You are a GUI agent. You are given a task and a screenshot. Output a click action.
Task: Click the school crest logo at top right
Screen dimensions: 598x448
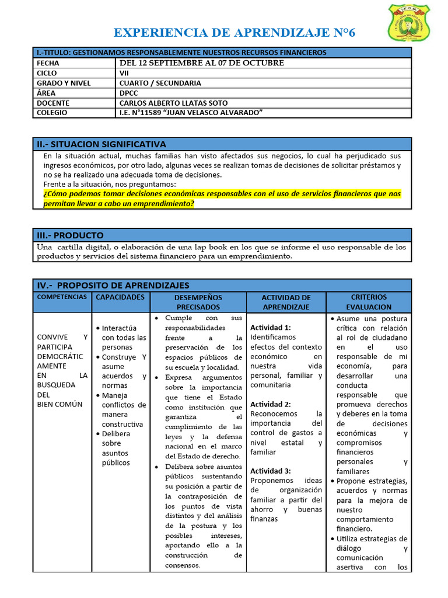pos(409,23)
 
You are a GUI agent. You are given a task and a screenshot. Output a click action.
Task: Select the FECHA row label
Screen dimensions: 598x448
pos(48,62)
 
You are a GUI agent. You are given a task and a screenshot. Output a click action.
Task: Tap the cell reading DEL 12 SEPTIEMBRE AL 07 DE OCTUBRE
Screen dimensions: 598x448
pos(202,62)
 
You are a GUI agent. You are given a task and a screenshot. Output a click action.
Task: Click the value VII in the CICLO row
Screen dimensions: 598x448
pos(125,73)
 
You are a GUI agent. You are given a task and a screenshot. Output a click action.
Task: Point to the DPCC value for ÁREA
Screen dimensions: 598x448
pos(129,93)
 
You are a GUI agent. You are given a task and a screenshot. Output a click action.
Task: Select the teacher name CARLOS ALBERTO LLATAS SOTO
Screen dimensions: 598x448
pos(174,103)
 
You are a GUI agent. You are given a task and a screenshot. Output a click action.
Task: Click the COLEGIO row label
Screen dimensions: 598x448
pos(52,113)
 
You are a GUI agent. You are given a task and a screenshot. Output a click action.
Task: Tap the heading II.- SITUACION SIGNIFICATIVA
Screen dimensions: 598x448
pos(101,144)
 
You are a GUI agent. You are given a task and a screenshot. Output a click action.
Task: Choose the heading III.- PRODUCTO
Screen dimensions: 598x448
pos(71,235)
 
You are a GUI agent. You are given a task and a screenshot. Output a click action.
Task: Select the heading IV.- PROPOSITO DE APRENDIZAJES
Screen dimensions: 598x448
pos(113,285)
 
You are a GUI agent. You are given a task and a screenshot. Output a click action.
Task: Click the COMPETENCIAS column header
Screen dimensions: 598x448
pos(62,297)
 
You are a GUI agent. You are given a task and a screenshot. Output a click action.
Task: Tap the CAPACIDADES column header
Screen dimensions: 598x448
pos(120,297)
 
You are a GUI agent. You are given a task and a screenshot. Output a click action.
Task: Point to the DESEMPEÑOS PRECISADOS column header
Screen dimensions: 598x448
pos(198,302)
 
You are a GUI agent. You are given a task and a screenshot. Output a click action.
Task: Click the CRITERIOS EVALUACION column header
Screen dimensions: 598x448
pos(369,302)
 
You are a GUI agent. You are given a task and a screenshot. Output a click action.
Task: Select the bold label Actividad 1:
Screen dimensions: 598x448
pos(270,327)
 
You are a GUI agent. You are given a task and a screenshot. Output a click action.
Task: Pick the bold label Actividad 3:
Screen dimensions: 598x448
pos(270,471)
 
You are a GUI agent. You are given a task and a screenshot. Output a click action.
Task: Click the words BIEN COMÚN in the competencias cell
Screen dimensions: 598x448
pos(60,404)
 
